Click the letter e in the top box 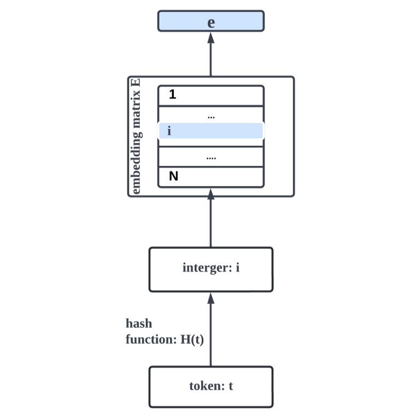211,22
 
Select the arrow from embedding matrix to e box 211,55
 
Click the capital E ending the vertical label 137,84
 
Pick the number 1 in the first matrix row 173,95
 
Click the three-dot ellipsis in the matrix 212,116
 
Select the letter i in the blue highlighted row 169,132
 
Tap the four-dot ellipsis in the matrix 212,157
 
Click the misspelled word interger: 206,268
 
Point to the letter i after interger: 238,268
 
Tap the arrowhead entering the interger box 211,298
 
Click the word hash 139,324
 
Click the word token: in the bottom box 207,386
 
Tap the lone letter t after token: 231,386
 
